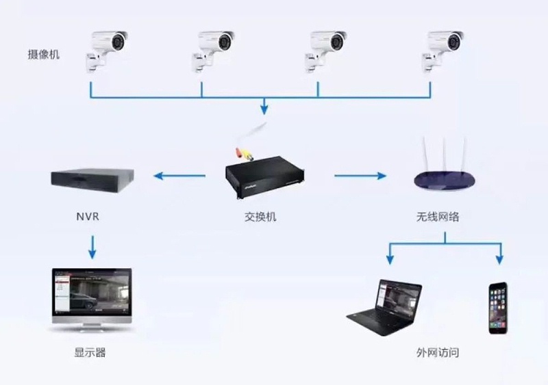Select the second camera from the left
click(x=216, y=49)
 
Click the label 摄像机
click(x=43, y=54)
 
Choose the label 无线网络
click(x=438, y=217)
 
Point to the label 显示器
click(x=90, y=354)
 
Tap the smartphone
click(x=498, y=307)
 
